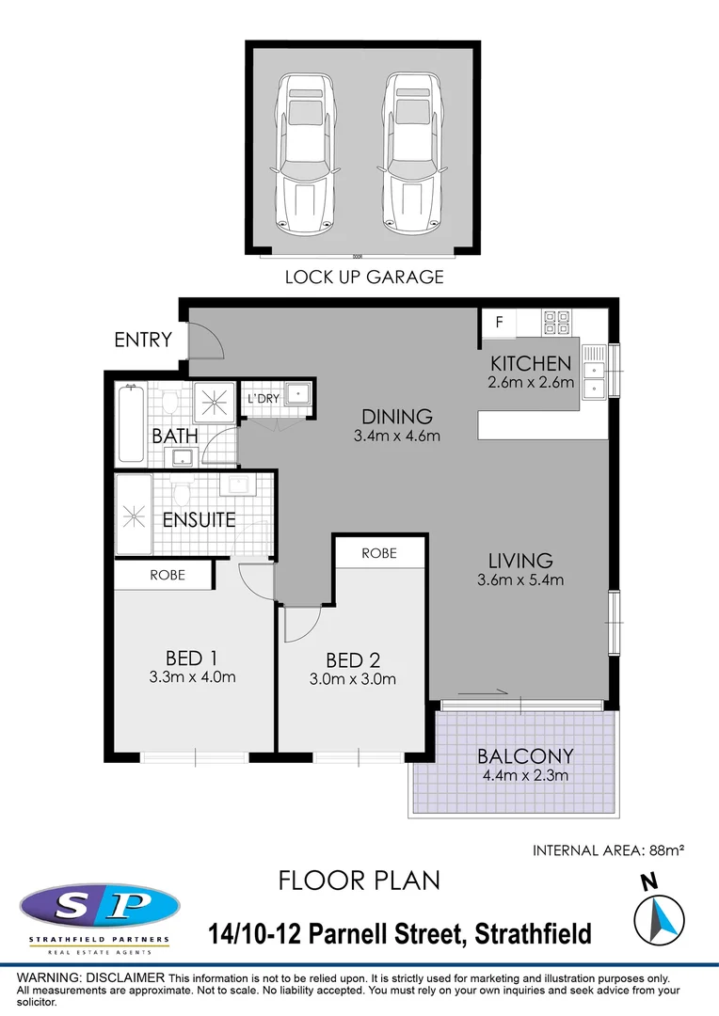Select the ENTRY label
pyautogui.click(x=143, y=340)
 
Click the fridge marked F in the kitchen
pyautogui.click(x=500, y=324)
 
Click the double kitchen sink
pyautogui.click(x=594, y=371)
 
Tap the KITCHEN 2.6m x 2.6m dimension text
pyautogui.click(x=529, y=383)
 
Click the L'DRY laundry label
pyautogui.click(x=263, y=399)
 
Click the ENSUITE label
pyautogui.click(x=199, y=519)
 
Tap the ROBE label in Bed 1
pyautogui.click(x=168, y=574)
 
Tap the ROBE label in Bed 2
pyautogui.click(x=379, y=553)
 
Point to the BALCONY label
pyautogui.click(x=524, y=756)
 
